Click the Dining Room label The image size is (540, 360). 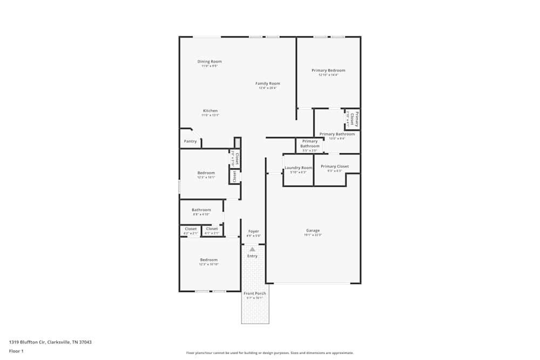click(210, 62)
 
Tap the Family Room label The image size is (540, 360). click(268, 84)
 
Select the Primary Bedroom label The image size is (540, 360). click(328, 70)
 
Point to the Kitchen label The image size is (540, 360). click(210, 111)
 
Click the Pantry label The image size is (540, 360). click(190, 141)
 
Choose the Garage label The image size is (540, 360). click(313, 230)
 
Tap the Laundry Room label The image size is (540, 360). click(299, 168)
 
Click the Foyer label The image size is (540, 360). click(254, 231)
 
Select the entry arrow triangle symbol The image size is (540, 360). click(252, 249)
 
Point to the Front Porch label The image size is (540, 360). click(255, 293)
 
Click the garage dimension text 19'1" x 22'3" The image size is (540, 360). click(313, 235)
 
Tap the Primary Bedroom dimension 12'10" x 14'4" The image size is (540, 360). click(328, 75)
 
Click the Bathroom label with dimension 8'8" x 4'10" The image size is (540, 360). click(201, 210)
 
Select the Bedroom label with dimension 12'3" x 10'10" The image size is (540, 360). click(208, 260)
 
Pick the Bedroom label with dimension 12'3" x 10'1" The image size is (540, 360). click(206, 173)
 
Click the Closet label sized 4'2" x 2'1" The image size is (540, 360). click(191, 229)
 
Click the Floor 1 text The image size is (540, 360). click(16, 351)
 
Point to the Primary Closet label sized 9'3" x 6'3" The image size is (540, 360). click(335, 167)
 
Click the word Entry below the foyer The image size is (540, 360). click(252, 256)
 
